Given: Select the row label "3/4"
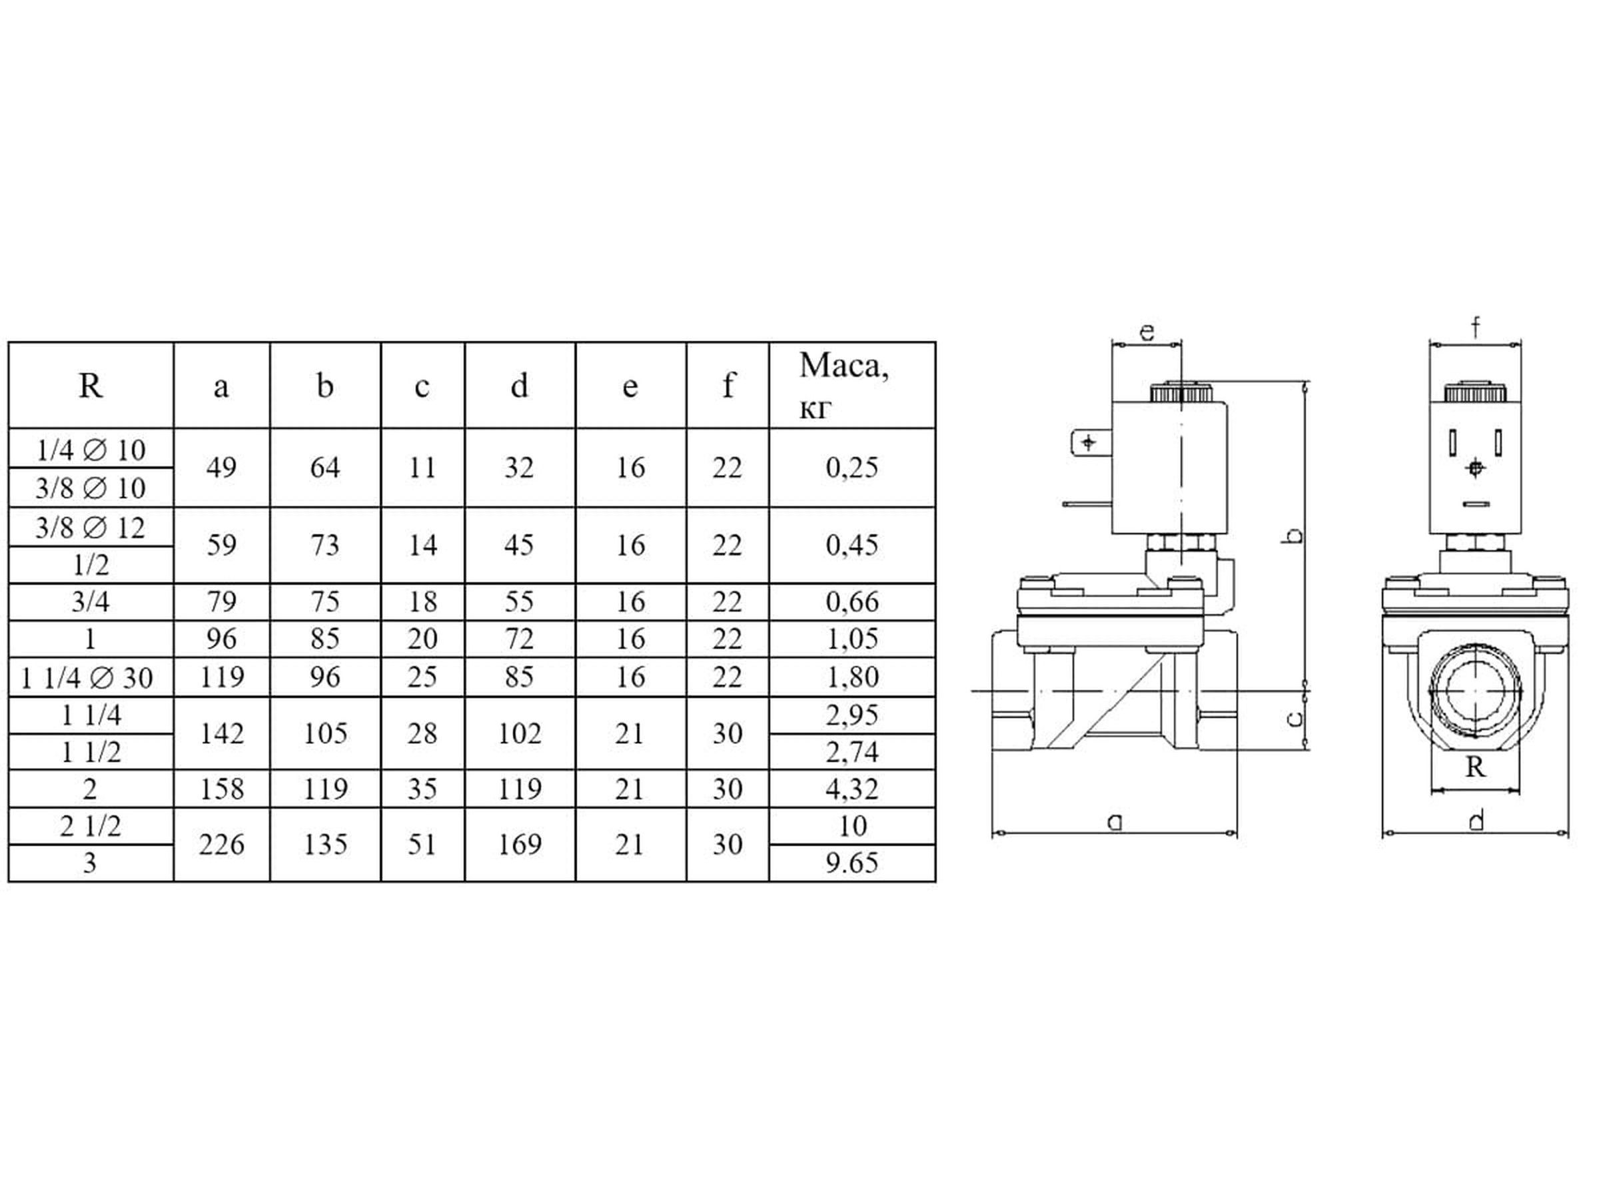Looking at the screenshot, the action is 91,601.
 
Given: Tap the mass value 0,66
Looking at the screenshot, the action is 852,601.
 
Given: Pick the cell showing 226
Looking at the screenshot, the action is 221,843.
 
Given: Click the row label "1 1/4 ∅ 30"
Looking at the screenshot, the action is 87,677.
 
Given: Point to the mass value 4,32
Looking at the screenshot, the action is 852,788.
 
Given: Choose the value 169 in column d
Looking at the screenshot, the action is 520,843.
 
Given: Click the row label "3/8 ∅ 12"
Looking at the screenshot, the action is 91,528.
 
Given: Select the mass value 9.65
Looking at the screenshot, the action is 852,862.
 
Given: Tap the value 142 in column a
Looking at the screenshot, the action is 221,733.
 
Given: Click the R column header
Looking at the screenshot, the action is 91,385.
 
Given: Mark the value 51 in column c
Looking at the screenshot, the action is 422,843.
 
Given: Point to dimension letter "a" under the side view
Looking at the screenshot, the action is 1115,821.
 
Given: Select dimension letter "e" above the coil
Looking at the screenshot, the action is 1147,332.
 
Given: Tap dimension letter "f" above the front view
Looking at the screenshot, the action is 1475,328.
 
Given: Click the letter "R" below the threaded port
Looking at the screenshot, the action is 1474,766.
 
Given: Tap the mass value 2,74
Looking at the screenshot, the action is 852,751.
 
